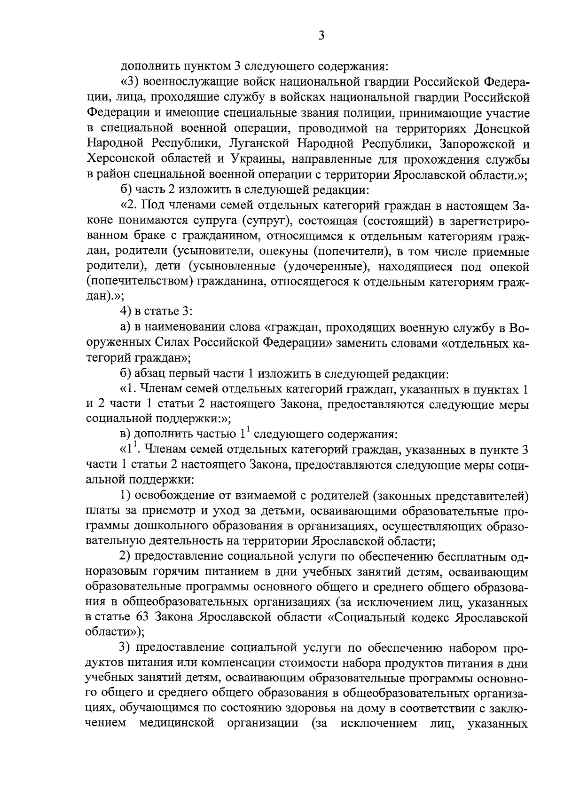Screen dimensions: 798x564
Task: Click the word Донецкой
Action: point(501,128)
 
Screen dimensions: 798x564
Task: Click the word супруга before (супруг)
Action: point(224,221)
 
